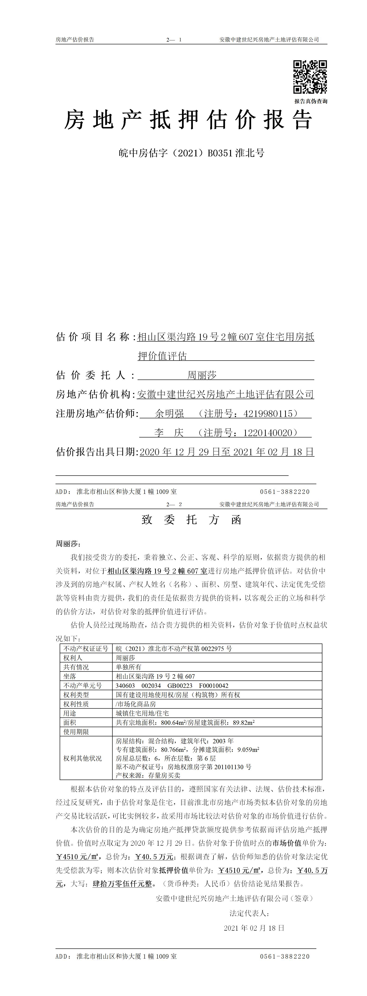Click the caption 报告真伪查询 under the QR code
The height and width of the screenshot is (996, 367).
pyautogui.click(x=311, y=101)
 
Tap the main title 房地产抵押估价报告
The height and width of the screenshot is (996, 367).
pyautogui.click(x=188, y=120)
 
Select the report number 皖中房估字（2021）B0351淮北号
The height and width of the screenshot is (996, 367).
pyautogui.click(x=191, y=153)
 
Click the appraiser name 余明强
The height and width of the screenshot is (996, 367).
pyautogui.click(x=169, y=414)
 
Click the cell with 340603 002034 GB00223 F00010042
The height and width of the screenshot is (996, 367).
pyautogui.click(x=172, y=686)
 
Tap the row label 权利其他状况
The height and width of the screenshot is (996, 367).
pyautogui.click(x=83, y=758)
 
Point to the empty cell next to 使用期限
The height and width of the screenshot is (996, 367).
pyautogui.click(x=217, y=732)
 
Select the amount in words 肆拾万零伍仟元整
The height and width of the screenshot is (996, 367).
pyautogui.click(x=122, y=884)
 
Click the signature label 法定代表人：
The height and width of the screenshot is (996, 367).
pyautogui.click(x=249, y=913)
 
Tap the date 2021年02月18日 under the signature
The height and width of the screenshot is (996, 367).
pyautogui.click(x=254, y=928)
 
